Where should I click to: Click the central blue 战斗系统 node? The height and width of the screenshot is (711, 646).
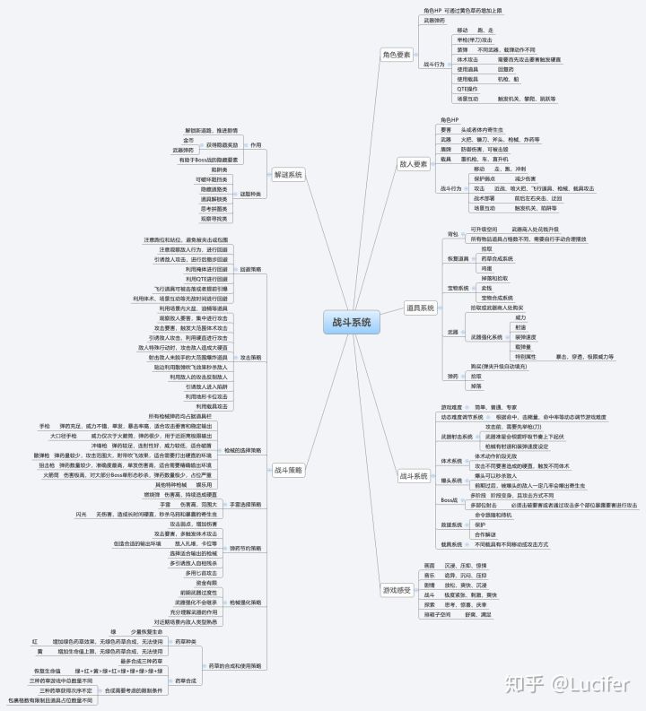click(x=347, y=323)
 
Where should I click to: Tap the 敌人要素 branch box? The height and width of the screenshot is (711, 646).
click(x=413, y=164)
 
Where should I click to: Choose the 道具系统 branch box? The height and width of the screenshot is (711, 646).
click(x=421, y=308)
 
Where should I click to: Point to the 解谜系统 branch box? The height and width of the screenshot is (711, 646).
click(x=288, y=174)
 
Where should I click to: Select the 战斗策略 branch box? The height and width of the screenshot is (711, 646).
click(x=288, y=470)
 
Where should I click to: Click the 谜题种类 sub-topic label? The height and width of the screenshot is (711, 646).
click(x=250, y=194)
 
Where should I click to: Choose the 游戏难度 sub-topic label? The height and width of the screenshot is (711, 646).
click(x=451, y=407)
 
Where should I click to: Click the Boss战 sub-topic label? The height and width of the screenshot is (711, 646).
click(x=449, y=499)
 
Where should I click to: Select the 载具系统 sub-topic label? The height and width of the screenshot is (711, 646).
click(x=450, y=544)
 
